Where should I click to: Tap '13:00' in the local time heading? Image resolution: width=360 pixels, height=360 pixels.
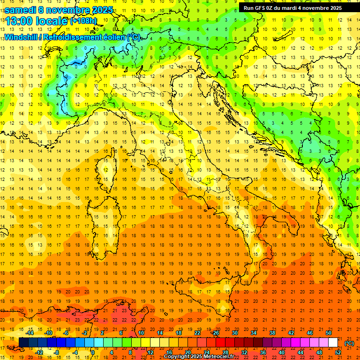point(19,21)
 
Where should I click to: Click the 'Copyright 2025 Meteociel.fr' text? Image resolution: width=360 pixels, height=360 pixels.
point(199,356)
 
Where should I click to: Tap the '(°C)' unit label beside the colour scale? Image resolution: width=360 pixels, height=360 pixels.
point(349,343)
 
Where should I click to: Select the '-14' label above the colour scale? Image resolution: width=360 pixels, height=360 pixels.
point(30,333)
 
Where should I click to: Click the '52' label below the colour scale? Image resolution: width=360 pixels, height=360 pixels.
point(337,352)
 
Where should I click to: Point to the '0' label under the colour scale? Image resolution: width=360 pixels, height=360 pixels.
point(93,352)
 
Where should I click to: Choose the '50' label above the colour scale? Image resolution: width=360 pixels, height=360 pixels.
point(329,333)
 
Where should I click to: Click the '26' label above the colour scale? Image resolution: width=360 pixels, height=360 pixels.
point(216,333)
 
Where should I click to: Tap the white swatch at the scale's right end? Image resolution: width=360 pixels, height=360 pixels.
point(333,343)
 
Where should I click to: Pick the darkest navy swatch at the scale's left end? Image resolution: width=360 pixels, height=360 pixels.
point(23,343)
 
